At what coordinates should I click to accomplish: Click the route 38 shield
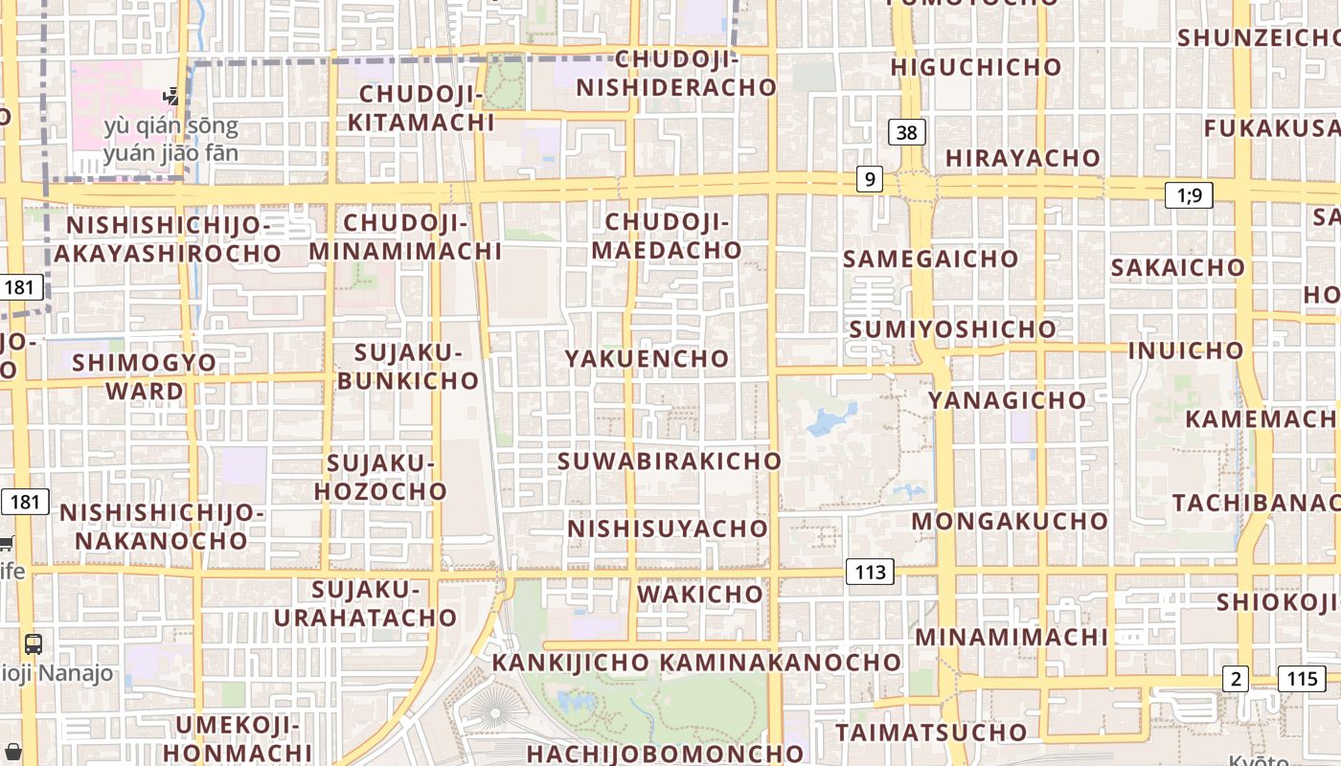point(906,132)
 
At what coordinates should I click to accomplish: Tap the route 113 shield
point(870,573)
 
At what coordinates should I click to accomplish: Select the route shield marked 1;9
point(1189,195)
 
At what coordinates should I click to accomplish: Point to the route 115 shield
point(1302,679)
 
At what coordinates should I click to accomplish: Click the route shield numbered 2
point(1237,679)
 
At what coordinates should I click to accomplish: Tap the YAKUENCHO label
point(647,359)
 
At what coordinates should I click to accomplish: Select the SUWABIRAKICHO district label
point(670,461)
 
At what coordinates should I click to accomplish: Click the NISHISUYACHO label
point(668,529)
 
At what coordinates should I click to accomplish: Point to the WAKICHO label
point(700,594)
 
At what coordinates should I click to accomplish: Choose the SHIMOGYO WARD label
point(145,376)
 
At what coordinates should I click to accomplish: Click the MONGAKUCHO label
point(1010,522)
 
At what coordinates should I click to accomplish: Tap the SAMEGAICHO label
point(930,259)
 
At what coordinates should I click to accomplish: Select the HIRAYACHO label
point(1023,158)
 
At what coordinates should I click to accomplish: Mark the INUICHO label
point(1185,350)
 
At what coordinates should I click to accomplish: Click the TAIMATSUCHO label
point(931,733)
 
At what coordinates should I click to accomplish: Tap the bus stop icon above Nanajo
point(34,644)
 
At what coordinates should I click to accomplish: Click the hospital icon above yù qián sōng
point(171,95)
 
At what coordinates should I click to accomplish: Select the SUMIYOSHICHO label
point(952,329)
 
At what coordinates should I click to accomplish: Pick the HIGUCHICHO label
point(976,67)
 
